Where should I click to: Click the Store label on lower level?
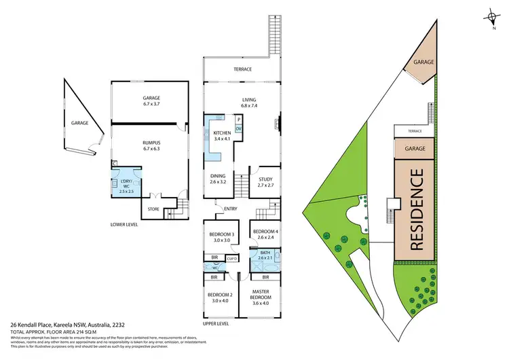pos(153,209)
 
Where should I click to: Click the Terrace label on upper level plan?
pos(243,69)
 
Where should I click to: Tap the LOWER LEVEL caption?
pos(128,223)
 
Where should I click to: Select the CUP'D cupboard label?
pos(231,258)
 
